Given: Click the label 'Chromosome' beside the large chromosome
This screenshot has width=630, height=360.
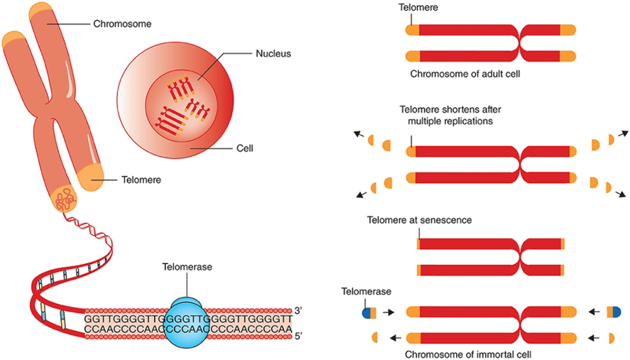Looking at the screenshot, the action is tap(122, 23).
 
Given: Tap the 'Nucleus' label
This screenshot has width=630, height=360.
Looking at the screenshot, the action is tap(273, 53).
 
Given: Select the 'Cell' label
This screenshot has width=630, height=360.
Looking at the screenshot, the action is tap(245, 148).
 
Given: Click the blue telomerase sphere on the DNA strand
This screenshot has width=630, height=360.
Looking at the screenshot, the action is tap(186, 323).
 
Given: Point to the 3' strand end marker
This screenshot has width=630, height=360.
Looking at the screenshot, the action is tap(298, 310).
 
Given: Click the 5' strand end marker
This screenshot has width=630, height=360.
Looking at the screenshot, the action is tap(298, 336).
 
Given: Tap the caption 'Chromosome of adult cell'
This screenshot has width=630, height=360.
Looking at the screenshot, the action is tap(465, 74).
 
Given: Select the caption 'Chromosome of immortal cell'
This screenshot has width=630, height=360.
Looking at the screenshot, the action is tap(468, 354).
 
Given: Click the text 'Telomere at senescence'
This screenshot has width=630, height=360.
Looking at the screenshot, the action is tap(420, 220).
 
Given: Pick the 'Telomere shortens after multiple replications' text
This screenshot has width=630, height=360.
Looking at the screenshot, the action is tap(450, 115).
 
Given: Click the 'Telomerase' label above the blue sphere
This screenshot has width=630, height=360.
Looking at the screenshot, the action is tap(188, 267).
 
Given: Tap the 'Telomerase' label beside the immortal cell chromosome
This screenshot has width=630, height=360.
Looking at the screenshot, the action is tap(366, 291).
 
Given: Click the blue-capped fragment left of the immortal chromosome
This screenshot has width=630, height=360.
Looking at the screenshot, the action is tap(369, 312).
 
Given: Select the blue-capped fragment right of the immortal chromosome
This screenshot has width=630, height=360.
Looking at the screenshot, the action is tap(614, 312).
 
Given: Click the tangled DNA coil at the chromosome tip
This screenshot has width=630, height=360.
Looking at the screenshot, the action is tap(65, 199).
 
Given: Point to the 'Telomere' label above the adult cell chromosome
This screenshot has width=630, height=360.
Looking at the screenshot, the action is tap(418, 7).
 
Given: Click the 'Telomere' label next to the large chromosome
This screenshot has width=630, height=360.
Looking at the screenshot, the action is tap(141, 180).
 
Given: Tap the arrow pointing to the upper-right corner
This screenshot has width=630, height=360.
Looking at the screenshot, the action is tap(623, 133).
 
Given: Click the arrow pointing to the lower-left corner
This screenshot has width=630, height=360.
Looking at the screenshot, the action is tap(362, 195).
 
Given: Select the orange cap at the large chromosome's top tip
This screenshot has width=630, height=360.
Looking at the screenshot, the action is tap(41, 10).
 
